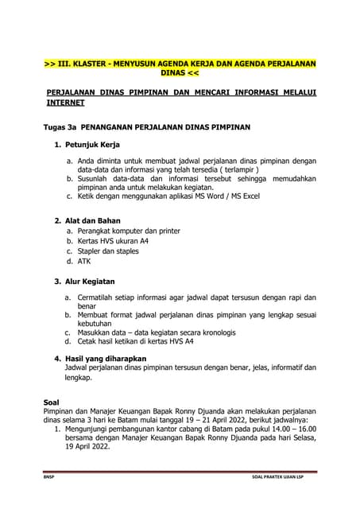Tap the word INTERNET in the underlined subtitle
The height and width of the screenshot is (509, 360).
66,103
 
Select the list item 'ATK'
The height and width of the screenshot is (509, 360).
84,261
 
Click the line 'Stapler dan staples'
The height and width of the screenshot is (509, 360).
108,251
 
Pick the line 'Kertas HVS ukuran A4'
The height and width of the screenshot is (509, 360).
113,240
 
